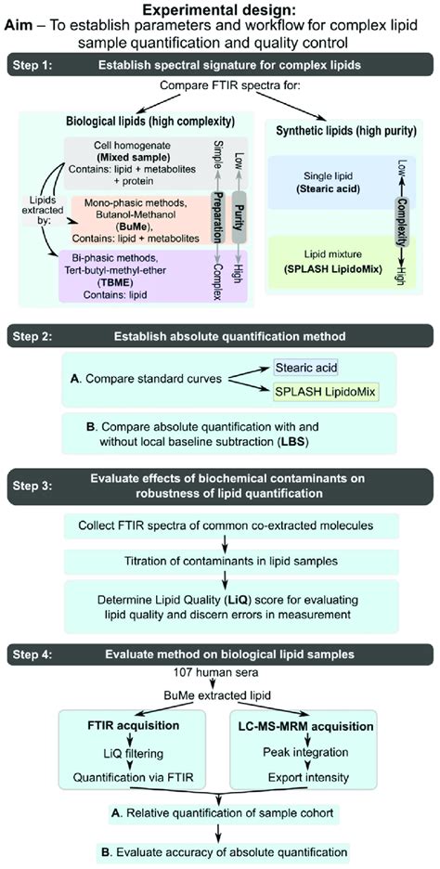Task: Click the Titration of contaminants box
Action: pyautogui.click(x=219, y=561)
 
